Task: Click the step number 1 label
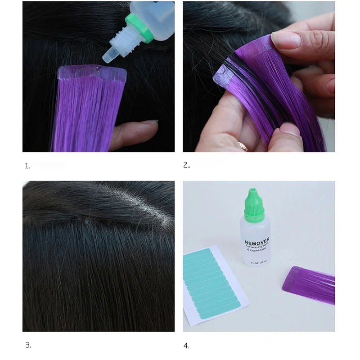[x=27, y=166]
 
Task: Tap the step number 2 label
[x=187, y=165]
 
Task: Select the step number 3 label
[x=28, y=346]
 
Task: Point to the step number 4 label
[x=187, y=346]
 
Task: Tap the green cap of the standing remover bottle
[x=252, y=203]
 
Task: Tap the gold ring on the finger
[x=243, y=146]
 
